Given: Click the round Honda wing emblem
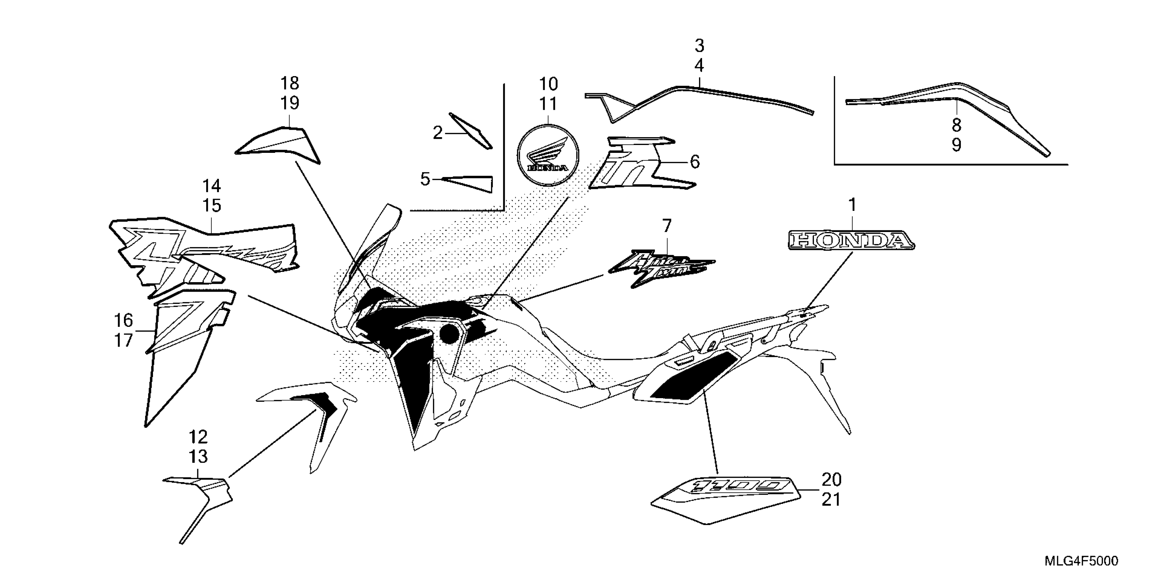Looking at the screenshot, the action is [548, 154].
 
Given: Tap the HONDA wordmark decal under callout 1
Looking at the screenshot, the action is [851, 241].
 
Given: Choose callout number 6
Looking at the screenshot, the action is [695, 162].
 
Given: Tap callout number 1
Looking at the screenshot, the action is [852, 205].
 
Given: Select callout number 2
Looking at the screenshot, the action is [437, 133].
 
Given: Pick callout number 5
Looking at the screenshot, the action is [425, 179].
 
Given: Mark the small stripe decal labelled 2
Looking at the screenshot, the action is [471, 131].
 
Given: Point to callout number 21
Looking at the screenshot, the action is [831, 500].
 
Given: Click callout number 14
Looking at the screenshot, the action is [211, 186].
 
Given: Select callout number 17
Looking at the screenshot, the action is [123, 340].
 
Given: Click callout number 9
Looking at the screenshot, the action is [956, 145].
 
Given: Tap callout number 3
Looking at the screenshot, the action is [699, 46].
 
